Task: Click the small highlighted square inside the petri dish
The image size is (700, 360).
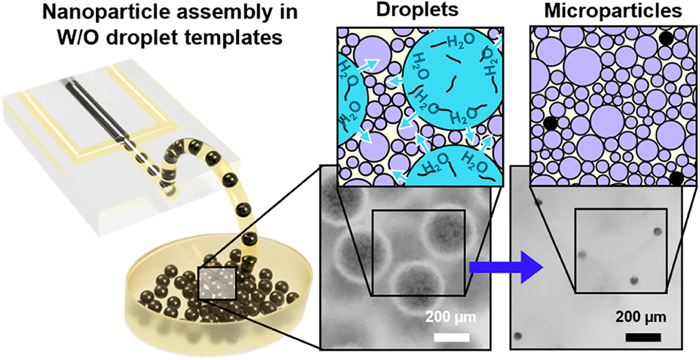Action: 217,283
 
